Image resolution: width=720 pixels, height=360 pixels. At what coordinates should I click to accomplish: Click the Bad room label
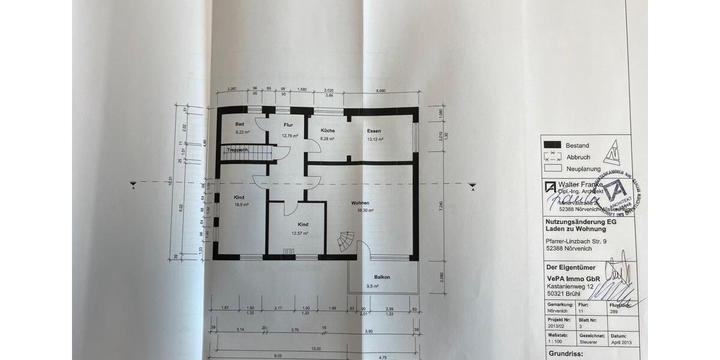tap(239, 124)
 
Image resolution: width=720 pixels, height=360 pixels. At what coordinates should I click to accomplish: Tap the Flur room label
tap(288, 125)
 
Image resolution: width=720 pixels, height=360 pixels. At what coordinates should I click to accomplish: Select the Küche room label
tap(328, 130)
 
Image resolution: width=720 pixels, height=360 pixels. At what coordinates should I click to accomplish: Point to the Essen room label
tap(374, 130)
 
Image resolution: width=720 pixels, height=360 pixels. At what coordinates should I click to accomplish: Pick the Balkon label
tap(382, 277)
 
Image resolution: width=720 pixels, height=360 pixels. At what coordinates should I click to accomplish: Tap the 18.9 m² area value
tap(242, 205)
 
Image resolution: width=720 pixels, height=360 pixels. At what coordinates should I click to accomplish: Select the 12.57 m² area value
tap(299, 233)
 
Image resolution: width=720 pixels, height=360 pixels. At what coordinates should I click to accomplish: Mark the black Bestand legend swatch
tap(552, 145)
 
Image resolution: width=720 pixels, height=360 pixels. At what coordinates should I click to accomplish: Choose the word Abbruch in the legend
tap(578, 157)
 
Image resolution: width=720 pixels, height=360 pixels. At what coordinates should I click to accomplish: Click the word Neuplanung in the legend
tap(584, 169)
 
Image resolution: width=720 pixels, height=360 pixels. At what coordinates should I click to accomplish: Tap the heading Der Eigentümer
tap(568, 266)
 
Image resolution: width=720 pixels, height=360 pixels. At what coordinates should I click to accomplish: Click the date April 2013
tap(621, 342)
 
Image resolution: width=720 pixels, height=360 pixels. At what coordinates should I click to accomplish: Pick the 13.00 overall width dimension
tap(316, 349)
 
